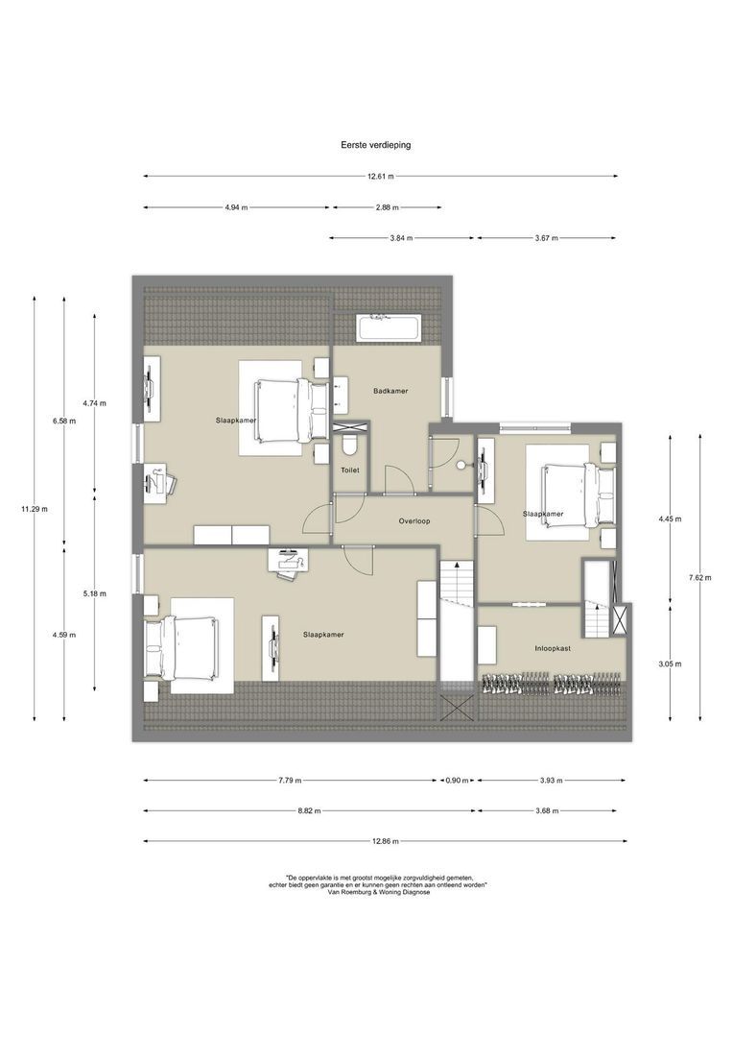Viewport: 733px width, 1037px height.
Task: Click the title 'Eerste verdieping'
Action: [375, 145]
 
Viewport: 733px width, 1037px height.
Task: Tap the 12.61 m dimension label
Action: [381, 177]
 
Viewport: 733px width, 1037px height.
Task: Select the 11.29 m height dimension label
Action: [35, 509]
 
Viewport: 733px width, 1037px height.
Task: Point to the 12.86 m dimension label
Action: [386, 841]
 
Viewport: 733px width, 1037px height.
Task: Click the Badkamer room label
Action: [390, 391]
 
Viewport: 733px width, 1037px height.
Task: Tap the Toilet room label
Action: [349, 470]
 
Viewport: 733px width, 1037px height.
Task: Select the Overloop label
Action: [414, 521]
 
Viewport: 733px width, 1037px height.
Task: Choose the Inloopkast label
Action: [553, 649]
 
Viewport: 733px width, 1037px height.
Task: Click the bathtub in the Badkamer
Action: [388, 328]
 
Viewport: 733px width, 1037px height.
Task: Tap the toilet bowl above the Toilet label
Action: [349, 446]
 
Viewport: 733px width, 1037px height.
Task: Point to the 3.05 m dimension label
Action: [671, 664]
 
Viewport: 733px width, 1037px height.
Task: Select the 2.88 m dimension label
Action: [388, 207]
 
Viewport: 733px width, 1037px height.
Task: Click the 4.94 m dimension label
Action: [237, 207]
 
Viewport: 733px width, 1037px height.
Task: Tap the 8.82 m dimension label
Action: [309, 810]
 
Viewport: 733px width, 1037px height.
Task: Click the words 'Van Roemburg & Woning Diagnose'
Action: [378, 892]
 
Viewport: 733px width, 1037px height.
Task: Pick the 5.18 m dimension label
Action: [95, 594]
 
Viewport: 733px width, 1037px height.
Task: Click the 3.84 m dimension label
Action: [401, 238]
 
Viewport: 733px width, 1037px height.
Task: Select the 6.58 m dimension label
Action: [64, 422]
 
